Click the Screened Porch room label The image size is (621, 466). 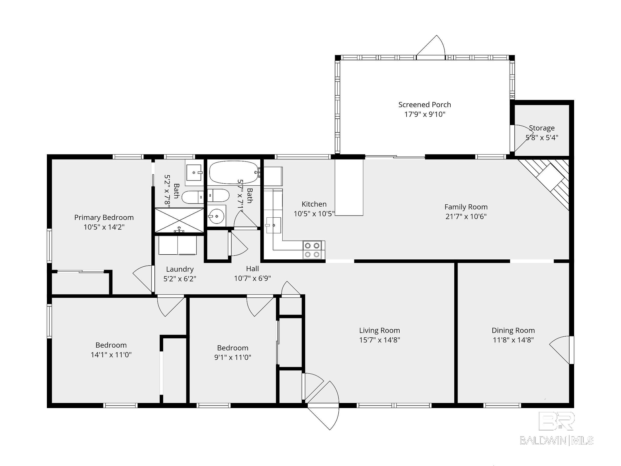pos(425,105)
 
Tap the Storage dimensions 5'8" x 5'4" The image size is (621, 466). pos(542,138)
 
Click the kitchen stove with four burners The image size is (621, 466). pos(312,250)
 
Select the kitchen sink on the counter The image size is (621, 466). pos(273,225)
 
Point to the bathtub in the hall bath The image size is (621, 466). pos(234,172)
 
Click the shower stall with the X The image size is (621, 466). pos(179,220)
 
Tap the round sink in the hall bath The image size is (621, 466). pos(216,216)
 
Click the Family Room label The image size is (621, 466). pos(466,207)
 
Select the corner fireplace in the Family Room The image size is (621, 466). pos(550,180)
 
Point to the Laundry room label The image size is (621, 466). pos(180,269)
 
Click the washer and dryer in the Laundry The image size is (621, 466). pos(178,245)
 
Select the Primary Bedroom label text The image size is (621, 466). pos(104,217)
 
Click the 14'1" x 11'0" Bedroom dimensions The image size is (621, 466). pos(111,355)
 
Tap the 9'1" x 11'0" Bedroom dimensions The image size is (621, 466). pos(232,357)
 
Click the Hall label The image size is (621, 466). pos(252,269)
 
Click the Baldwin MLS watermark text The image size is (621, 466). pos(556,440)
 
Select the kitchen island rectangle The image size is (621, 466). pos(349,187)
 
